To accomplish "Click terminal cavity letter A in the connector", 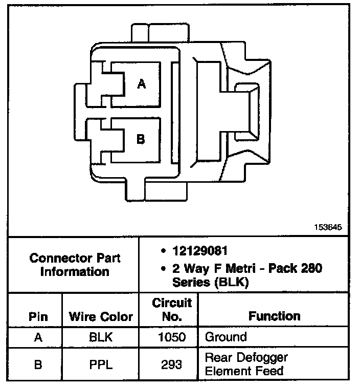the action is [142, 84].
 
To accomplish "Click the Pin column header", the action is [38, 317].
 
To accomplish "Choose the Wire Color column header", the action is [101, 317].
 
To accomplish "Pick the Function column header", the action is [275, 316].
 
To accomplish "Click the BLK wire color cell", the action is [101, 337].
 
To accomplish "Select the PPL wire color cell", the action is [101, 364].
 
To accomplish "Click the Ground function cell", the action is [226, 337].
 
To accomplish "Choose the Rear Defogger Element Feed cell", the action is [246, 364].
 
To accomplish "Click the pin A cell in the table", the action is [38, 337].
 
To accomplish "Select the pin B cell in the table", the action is [38, 364].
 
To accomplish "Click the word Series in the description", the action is [191, 282].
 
